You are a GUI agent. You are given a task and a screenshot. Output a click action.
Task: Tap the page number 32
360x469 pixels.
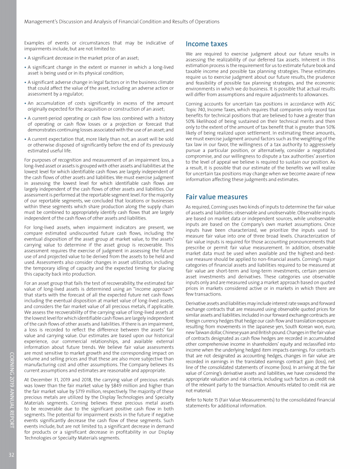[8, 454]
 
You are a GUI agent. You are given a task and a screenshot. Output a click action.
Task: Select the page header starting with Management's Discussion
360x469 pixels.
[121, 22]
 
